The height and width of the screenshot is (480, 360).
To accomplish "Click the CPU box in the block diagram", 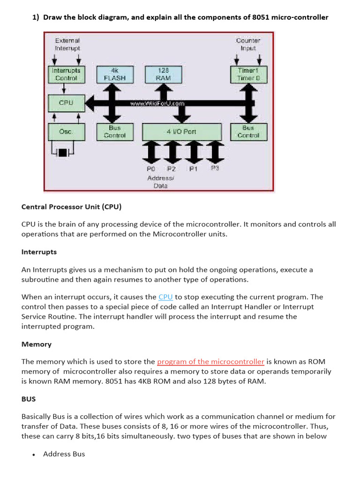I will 66,103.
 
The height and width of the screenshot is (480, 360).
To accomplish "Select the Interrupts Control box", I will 66,75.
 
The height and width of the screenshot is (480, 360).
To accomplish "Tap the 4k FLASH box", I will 115,75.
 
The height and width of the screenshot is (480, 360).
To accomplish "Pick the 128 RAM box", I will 164,75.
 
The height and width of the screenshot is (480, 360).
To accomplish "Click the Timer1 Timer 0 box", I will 248,75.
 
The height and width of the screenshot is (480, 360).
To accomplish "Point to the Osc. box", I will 66,132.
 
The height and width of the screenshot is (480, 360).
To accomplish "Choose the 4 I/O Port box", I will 181,132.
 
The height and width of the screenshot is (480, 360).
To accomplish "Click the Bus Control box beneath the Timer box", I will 248,132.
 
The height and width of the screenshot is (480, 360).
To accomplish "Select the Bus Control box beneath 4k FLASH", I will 115,132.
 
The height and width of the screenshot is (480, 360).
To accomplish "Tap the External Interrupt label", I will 67,44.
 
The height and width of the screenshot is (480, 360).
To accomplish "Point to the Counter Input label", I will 248,44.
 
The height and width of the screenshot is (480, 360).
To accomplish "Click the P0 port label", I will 151,168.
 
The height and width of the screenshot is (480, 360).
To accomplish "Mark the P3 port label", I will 215,168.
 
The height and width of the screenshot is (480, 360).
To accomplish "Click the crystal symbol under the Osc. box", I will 62,152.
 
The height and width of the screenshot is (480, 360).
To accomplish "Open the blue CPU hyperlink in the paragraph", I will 165,297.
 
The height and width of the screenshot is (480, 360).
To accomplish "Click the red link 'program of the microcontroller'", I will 210,361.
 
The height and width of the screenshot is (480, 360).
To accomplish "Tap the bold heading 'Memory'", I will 37,344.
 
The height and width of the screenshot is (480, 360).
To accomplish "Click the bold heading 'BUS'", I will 29,399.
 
